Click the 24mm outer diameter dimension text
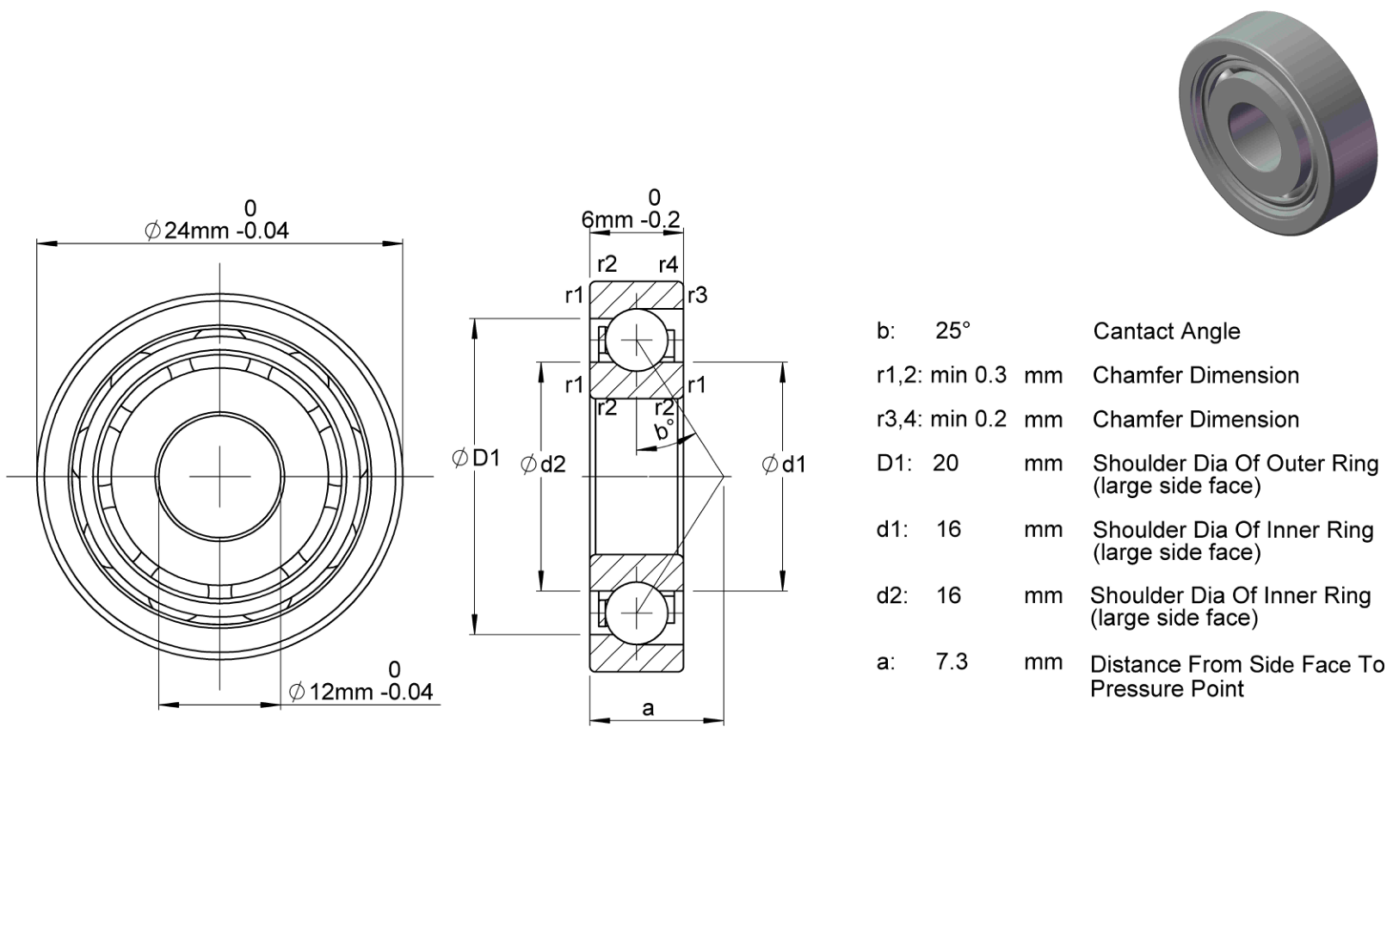point(217,231)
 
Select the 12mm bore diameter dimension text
point(361,692)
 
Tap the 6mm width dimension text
point(630,219)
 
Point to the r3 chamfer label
point(697,295)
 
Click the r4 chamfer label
point(669,265)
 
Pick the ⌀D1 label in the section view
point(476,458)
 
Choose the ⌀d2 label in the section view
point(543,464)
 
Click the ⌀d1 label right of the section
point(784,464)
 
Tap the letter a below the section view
point(648,708)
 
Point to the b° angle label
point(664,429)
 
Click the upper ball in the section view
point(637,341)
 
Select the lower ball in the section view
point(637,613)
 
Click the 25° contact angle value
point(952,330)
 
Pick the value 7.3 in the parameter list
point(952,661)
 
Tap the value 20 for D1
point(946,463)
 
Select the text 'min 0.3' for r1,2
point(968,375)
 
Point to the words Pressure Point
point(1167,688)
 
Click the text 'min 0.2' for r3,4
point(968,419)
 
